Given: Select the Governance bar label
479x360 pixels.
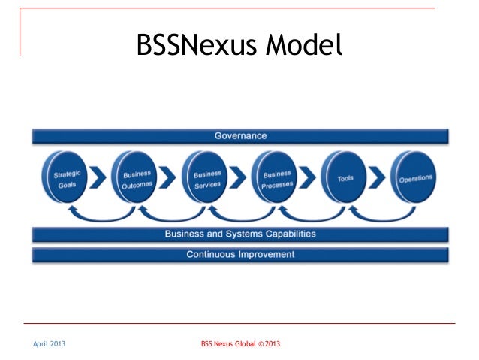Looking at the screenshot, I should pyautogui.click(x=240, y=136).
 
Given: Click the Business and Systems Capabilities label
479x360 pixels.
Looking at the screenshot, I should pyautogui.click(x=240, y=234).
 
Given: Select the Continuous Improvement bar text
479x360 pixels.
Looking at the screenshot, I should pyautogui.click(x=240, y=254).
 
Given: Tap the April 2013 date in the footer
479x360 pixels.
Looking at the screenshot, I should pyautogui.click(x=48, y=344).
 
